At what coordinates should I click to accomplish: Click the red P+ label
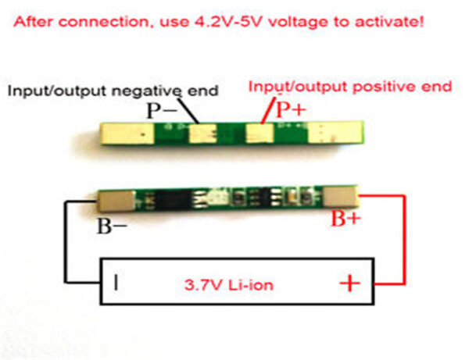[291, 110]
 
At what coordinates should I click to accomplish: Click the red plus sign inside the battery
[349, 280]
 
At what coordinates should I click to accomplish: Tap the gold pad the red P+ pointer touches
[259, 134]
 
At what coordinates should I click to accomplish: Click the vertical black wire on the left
[66, 242]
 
